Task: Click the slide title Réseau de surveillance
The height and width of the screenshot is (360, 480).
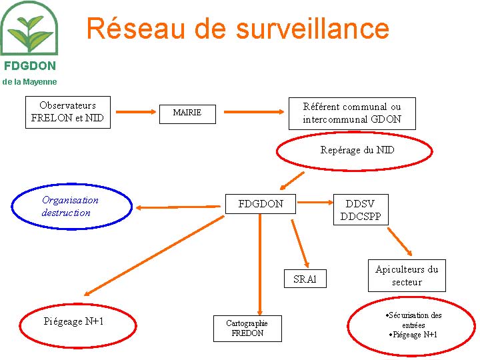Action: pos(237,29)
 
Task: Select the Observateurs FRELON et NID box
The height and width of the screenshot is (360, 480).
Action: pos(68,113)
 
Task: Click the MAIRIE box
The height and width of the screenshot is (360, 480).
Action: pos(187,113)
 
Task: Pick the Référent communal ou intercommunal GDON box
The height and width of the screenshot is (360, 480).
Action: pos(351,113)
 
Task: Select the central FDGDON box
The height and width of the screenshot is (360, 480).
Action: pos(261,204)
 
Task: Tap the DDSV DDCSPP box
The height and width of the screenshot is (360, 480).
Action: pos(361,210)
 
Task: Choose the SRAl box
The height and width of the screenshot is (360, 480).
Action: pos(305,279)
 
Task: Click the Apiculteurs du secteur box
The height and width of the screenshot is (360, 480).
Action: pos(407,275)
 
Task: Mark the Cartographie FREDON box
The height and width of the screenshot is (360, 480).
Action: pos(247,328)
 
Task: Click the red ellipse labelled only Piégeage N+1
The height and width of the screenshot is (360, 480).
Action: pos(74,322)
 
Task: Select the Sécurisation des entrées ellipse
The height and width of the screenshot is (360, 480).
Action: pos(413,326)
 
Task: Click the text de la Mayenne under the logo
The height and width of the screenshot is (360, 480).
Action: pos(29,81)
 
